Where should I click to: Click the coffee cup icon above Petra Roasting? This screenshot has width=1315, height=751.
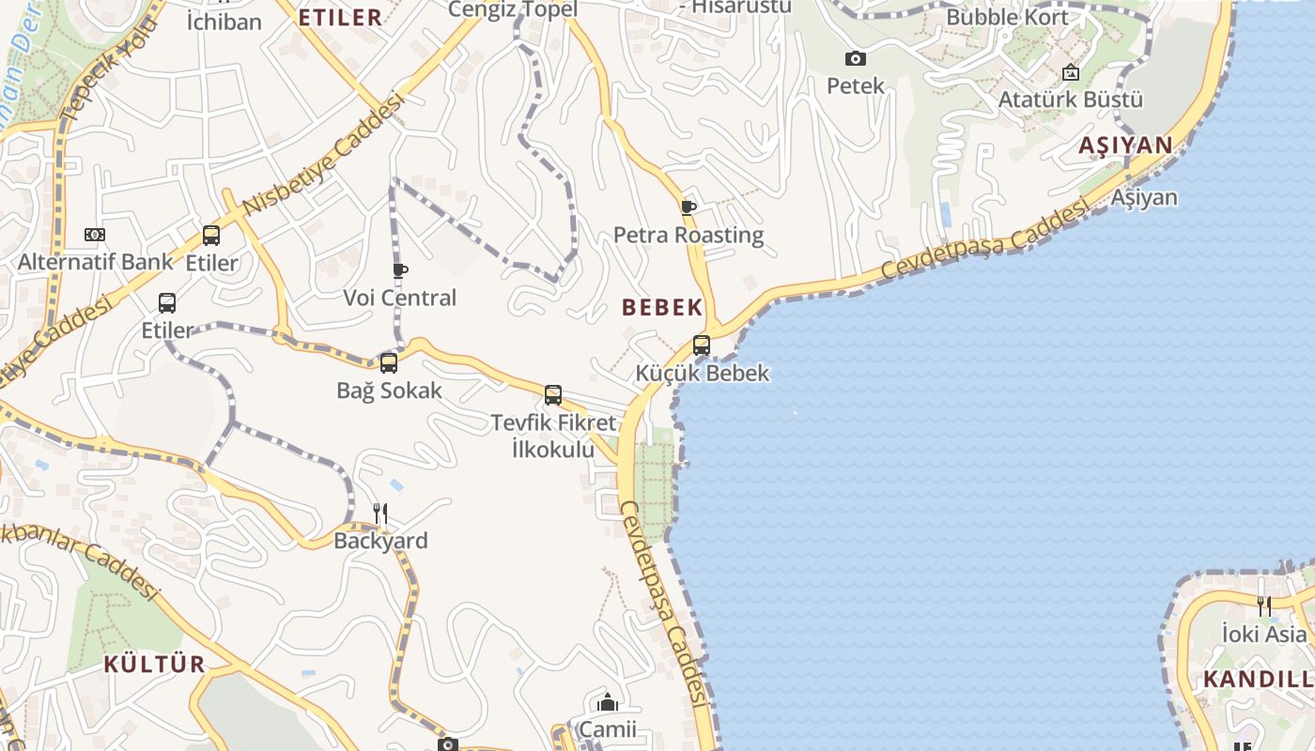point(688,207)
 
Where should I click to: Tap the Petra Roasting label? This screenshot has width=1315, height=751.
point(688,235)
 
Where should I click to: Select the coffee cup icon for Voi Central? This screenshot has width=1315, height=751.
point(400,271)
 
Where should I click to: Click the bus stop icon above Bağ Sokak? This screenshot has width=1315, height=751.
point(388,363)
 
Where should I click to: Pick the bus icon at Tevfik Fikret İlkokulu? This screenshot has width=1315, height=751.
point(553,395)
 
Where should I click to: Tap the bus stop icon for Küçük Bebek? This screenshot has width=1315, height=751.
point(702,345)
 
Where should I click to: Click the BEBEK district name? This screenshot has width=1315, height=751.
point(662,307)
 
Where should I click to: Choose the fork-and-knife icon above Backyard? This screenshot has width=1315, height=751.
point(380,513)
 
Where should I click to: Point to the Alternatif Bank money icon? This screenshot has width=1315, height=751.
point(95,235)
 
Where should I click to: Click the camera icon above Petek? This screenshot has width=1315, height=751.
point(856,59)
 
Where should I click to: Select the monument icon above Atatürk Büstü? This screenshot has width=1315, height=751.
point(1070,72)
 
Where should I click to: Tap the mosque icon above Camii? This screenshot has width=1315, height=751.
point(608,702)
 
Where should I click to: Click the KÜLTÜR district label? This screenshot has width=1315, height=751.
point(154,664)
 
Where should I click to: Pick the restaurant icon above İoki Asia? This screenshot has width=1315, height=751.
point(1264,606)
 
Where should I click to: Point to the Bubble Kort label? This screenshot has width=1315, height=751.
point(1007,17)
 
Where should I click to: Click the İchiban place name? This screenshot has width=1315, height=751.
point(224,22)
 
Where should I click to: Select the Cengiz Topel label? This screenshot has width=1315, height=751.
point(512,9)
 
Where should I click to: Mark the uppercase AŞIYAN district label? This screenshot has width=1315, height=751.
point(1125,145)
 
